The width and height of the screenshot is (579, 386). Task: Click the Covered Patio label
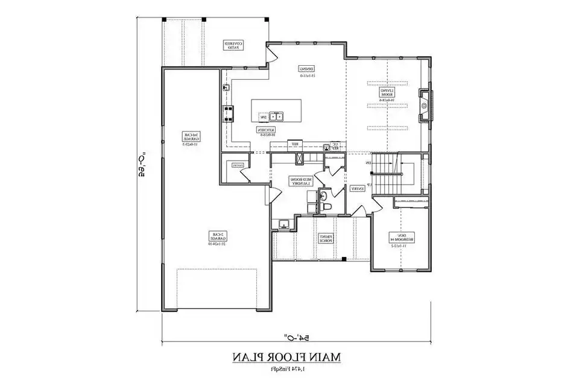234,46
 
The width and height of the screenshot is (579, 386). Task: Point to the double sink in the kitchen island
277,116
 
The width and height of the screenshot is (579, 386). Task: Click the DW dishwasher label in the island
262,116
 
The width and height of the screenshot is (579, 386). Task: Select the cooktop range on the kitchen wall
229,113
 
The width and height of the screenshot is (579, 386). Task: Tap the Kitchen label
267,132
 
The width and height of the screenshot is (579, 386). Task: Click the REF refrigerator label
295,144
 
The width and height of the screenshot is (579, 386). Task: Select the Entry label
357,188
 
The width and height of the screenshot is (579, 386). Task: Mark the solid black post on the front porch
343,259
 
